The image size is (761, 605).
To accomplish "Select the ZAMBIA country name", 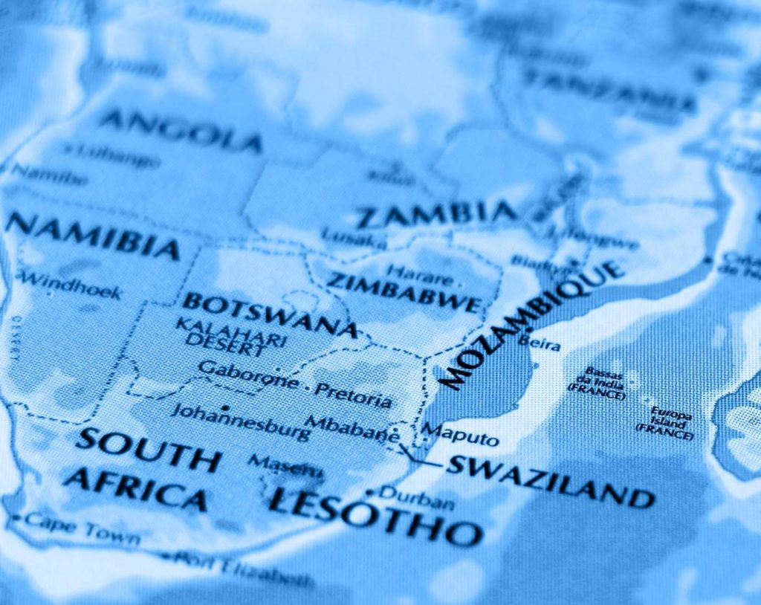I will (x=436, y=214).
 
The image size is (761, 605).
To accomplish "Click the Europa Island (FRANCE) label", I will (x=671, y=422).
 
